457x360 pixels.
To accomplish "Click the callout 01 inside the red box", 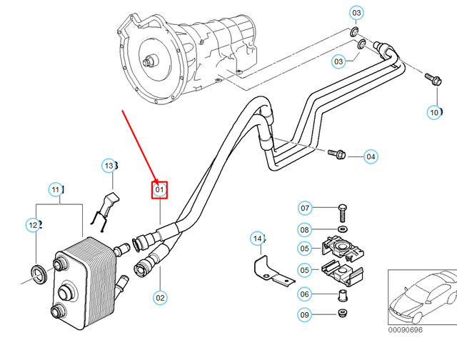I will pos(159,190).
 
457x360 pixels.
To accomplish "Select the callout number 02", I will pos(159,297).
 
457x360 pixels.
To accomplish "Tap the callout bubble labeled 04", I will pos(371,156).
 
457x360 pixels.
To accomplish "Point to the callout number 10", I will pos(435,112).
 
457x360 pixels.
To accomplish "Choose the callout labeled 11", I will pos(56,189).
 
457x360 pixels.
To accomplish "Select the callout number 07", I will pos(305,209).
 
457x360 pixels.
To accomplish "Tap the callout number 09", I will pos(305,315).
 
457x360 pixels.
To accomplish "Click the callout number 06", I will pos(305,294).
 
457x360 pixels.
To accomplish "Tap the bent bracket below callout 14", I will pos(270,271).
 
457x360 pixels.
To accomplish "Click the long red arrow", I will pos(140,146).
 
